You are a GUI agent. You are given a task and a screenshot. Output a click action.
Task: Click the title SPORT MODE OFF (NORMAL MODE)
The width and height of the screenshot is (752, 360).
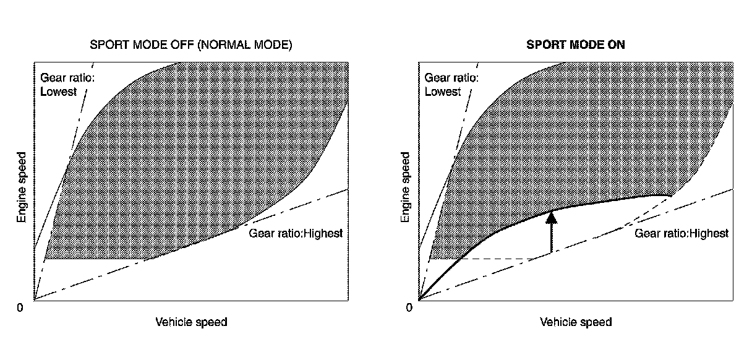click(x=190, y=45)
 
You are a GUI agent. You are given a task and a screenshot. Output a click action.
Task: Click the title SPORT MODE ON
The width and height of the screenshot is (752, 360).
click(x=575, y=45)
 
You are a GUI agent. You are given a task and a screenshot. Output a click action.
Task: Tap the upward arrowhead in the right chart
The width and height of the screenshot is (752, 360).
click(x=551, y=217)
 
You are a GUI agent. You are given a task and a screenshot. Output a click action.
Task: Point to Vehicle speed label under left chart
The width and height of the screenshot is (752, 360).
click(x=191, y=322)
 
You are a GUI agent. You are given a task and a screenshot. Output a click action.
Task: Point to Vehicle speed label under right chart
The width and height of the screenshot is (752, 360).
click(x=576, y=322)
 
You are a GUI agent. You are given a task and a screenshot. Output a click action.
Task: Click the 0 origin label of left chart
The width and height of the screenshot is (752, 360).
click(x=20, y=307)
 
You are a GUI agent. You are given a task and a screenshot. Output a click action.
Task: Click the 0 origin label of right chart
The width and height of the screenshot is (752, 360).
click(x=409, y=307)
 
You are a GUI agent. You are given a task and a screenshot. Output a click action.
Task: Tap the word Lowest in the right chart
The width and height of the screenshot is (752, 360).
click(x=443, y=92)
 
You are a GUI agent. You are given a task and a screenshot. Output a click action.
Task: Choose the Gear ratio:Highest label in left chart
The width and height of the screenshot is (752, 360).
click(x=295, y=234)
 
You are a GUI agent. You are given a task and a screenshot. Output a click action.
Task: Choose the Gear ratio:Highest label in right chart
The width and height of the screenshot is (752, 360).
click(x=681, y=233)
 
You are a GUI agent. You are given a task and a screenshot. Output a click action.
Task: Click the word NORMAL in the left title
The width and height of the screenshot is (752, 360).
click(x=231, y=45)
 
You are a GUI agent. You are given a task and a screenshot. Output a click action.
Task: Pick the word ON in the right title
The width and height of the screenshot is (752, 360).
click(x=616, y=45)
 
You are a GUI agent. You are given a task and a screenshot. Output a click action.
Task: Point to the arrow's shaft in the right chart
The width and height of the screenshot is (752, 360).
click(x=551, y=238)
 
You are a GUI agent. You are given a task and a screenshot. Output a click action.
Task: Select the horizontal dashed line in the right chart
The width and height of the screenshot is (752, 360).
click(x=495, y=259)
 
